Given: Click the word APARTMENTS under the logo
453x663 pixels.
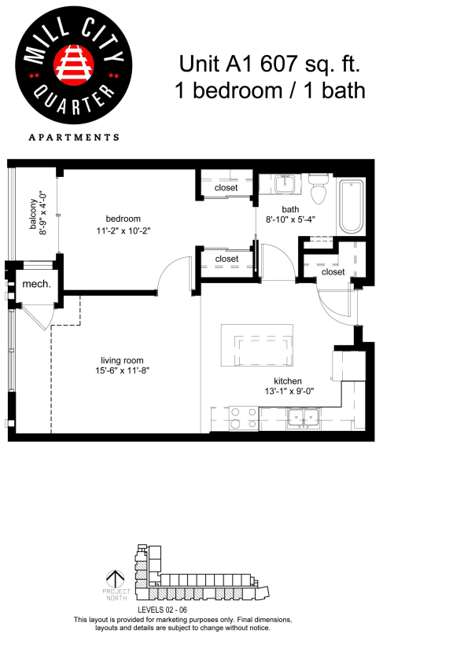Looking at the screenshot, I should [74, 137].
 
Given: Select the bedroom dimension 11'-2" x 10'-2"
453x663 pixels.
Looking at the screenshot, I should [124, 231].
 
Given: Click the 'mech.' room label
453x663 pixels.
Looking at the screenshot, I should [36, 284].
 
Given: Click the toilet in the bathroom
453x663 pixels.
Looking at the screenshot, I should [318, 189].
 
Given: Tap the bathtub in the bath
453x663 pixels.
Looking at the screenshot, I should [351, 207].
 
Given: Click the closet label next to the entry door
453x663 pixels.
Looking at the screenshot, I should [333, 272].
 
